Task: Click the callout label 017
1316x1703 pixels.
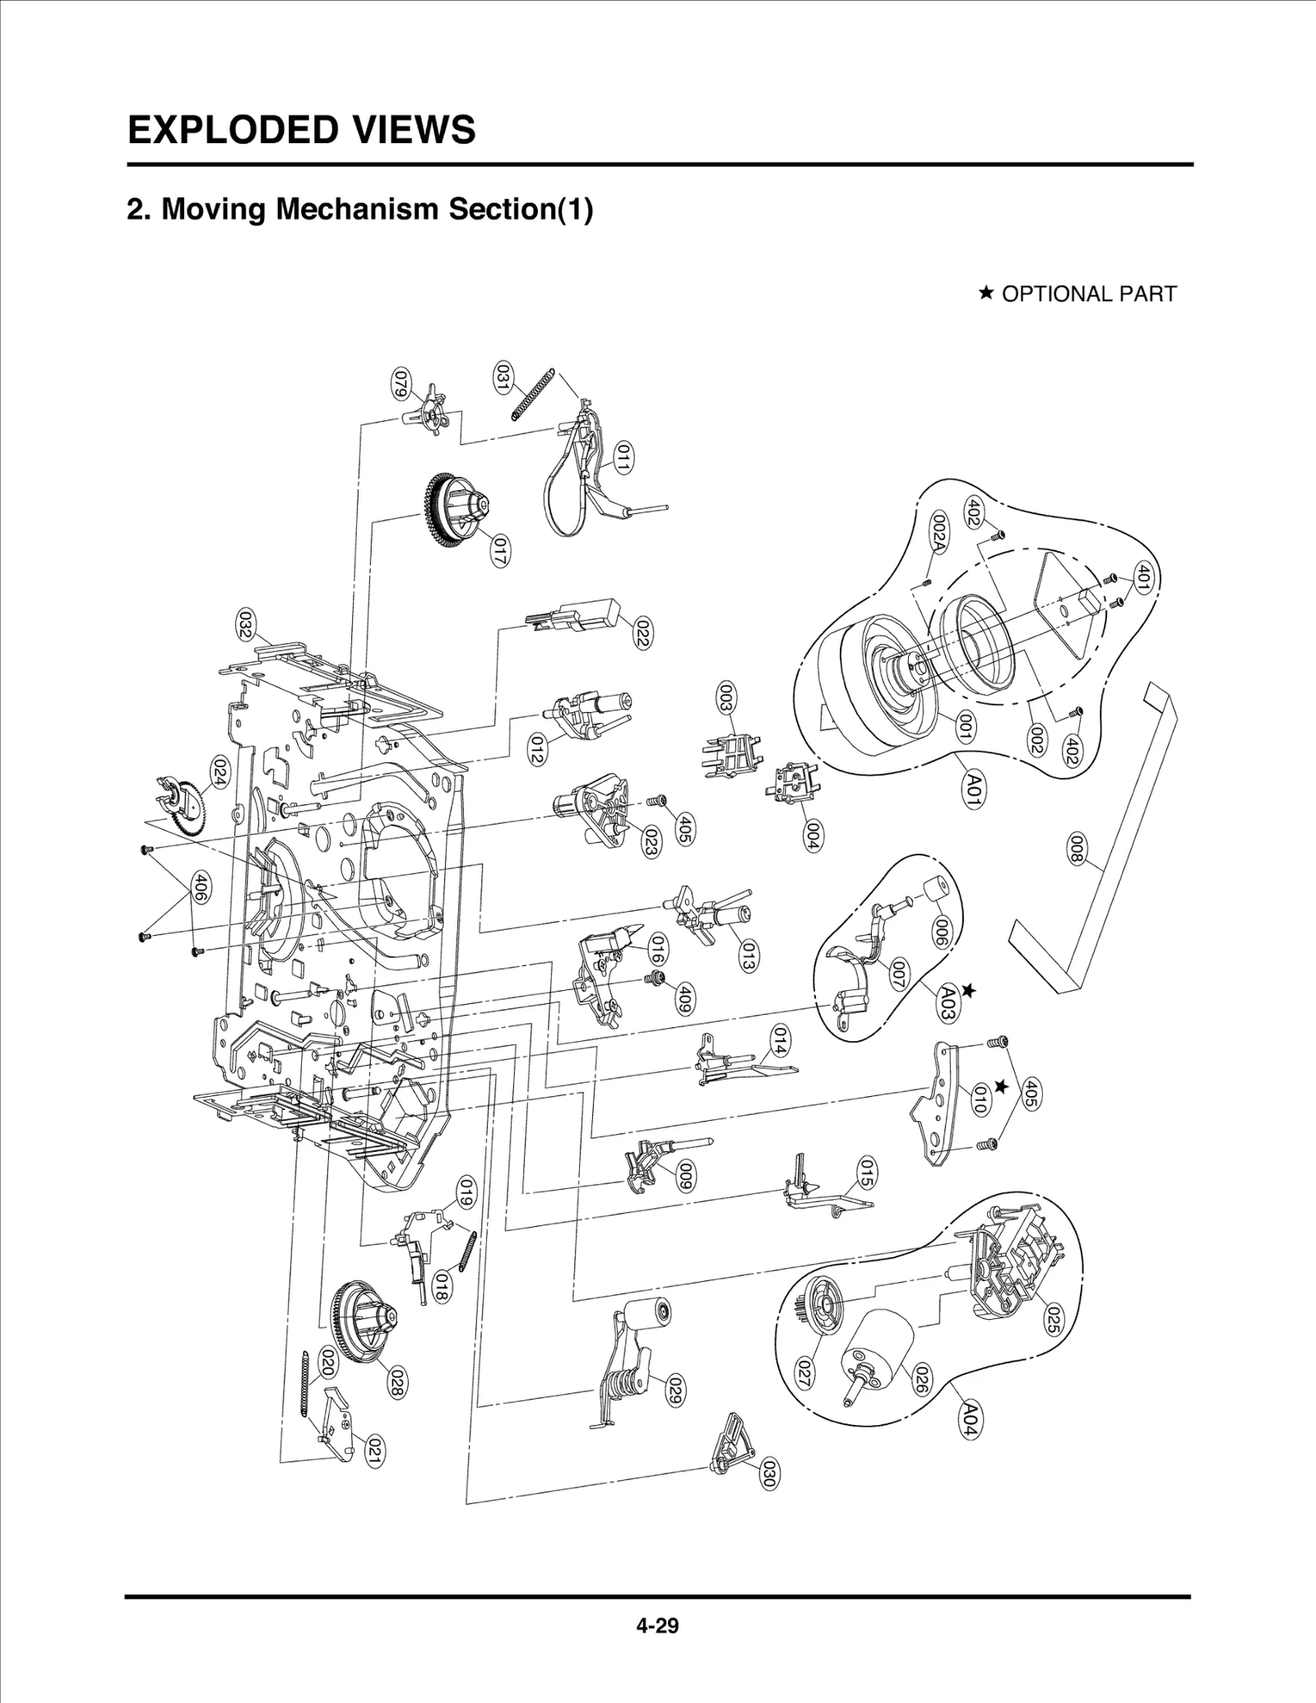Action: tap(498, 550)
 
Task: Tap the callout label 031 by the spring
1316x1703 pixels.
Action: tap(501, 377)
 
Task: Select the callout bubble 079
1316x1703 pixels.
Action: tap(401, 384)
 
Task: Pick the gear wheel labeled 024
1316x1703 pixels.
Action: tap(185, 804)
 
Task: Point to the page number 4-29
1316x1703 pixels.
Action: tap(656, 1626)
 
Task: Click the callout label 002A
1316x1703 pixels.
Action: tap(938, 531)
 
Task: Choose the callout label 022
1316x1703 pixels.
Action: tap(642, 632)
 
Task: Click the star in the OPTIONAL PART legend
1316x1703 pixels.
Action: tap(986, 293)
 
